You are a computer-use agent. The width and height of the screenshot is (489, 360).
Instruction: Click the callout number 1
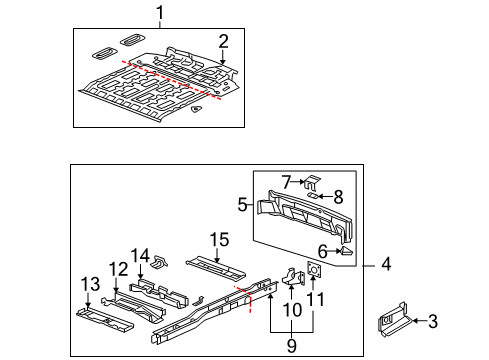[159, 12]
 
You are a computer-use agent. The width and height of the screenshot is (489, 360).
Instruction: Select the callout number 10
[290, 310]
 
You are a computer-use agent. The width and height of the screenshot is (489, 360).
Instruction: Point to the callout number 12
[118, 270]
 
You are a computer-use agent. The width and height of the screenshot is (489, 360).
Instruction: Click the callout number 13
[88, 284]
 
